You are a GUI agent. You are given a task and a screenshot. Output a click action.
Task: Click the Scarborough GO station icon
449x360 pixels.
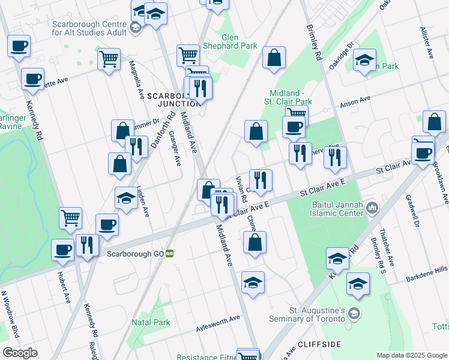(x=170, y=254)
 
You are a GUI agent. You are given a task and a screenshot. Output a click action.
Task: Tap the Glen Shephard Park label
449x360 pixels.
(x=239, y=41)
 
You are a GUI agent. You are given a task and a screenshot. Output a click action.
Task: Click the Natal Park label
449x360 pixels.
(x=153, y=322)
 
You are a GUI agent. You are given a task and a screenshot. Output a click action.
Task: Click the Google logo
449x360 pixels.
(x=20, y=353)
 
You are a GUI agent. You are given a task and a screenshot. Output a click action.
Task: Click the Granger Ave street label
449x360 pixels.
(x=175, y=149)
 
